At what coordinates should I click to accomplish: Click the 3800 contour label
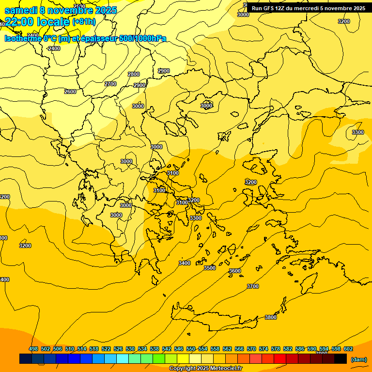(x=271, y=317)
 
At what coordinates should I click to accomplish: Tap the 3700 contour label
(x=253, y=286)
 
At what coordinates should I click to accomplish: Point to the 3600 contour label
(x=235, y=271)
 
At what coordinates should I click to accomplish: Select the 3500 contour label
(x=210, y=268)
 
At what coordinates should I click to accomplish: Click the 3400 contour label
(x=185, y=263)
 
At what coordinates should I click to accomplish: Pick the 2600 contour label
(x=70, y=92)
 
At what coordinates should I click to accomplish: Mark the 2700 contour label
(x=110, y=84)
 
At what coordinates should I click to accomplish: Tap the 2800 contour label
(x=134, y=74)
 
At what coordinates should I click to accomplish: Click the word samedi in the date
(x=20, y=10)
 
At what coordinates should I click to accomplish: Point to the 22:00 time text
(x=20, y=22)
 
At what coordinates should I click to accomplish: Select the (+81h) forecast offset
(x=84, y=22)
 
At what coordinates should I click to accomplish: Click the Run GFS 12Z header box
(x=309, y=8)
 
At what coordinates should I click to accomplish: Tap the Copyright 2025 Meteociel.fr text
(x=205, y=369)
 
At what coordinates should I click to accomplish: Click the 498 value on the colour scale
(x=33, y=349)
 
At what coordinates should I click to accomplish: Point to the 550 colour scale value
(x=190, y=349)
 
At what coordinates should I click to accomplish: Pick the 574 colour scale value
(x=263, y=349)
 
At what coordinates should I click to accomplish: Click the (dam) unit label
(x=359, y=359)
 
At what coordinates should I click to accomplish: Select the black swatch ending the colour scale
(x=341, y=359)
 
